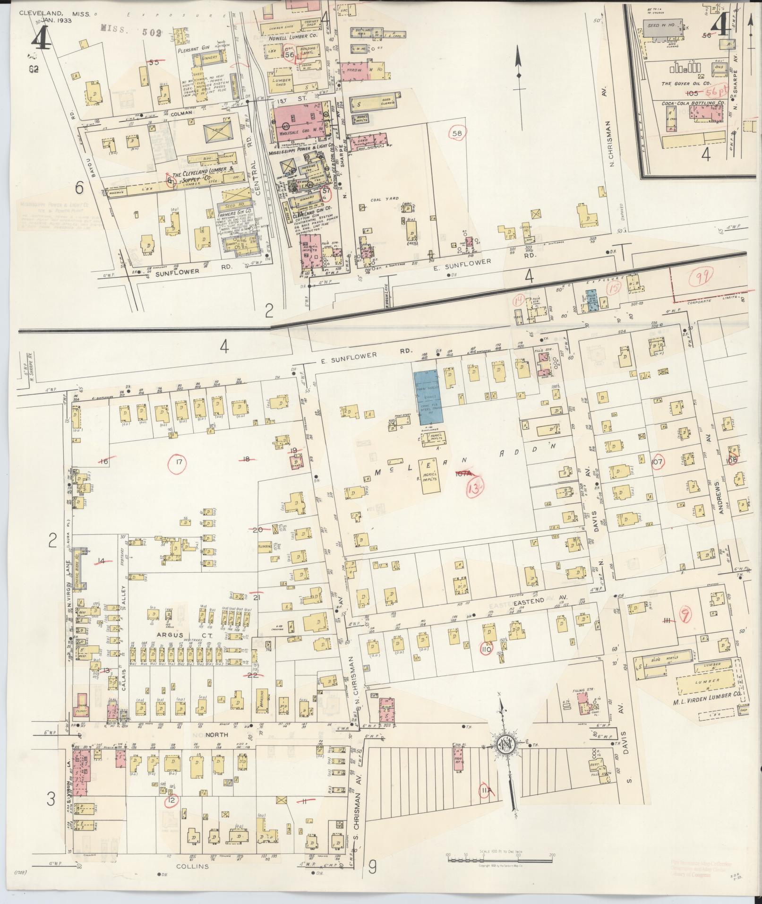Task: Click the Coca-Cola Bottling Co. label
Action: (x=689, y=102)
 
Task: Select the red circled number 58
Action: (x=457, y=133)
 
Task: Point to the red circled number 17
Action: (x=178, y=462)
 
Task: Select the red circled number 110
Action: (x=486, y=649)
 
